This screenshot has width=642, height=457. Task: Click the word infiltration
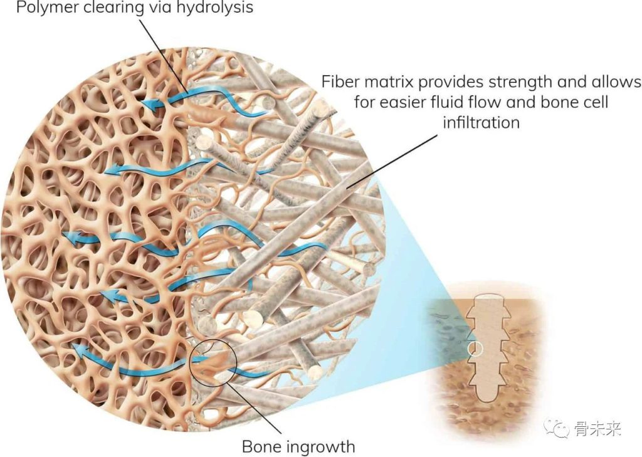pyautogui.click(x=481, y=122)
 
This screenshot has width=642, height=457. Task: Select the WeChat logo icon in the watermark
pyautogui.click(x=557, y=429)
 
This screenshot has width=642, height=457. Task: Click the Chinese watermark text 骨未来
pyautogui.click(x=597, y=429)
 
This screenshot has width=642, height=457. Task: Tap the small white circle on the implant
pyautogui.click(x=475, y=349)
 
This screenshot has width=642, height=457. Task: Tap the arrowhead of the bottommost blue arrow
pyautogui.click(x=82, y=349)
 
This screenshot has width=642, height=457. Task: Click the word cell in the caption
pyautogui.click(x=594, y=102)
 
